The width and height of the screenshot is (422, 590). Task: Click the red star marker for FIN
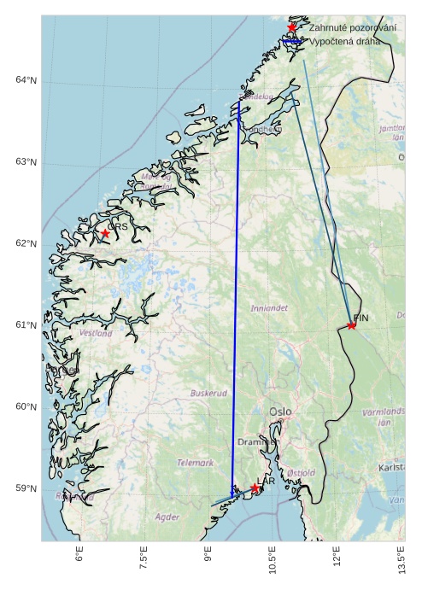point(351,324)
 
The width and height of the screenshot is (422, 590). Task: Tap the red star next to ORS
point(105,233)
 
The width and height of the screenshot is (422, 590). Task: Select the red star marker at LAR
point(255,488)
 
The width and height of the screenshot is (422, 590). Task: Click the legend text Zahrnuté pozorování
point(352,28)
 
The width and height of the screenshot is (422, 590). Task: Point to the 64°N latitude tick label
point(26,80)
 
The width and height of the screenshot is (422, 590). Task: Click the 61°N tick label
point(26,325)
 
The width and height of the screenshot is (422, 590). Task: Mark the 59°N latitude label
point(26,488)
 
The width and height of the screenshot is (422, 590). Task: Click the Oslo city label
point(280,412)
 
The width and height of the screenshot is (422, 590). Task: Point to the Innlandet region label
point(269,307)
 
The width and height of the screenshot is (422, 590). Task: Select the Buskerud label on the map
point(208,394)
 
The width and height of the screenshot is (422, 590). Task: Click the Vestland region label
point(95,334)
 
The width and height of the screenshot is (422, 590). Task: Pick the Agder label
point(167,517)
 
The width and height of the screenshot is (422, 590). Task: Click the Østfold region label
point(301,472)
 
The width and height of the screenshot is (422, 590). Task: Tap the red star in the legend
point(291,27)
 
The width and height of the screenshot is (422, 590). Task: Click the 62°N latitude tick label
point(26,244)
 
